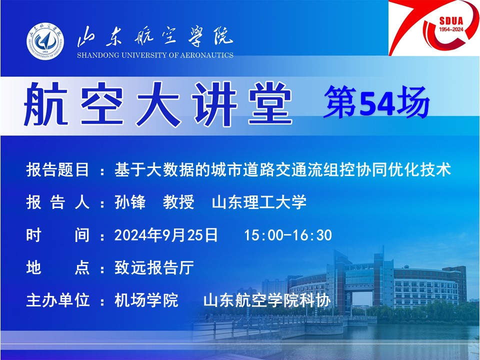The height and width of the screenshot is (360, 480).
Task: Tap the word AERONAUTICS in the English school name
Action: click(206, 55)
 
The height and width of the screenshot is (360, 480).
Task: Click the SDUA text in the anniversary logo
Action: click(451, 21)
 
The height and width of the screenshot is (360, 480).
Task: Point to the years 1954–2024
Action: click(451, 29)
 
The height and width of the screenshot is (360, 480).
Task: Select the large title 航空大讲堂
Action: click(157, 104)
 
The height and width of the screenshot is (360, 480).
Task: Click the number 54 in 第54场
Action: click(376, 103)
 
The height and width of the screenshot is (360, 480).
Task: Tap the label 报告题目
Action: click(57, 169)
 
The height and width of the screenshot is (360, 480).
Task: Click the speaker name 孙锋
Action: click(130, 202)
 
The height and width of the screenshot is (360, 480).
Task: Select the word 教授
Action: click(178, 202)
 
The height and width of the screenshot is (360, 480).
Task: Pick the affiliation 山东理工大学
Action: click(259, 202)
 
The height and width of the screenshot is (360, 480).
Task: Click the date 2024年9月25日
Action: click(166, 235)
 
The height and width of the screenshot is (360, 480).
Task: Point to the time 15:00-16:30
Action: click(288, 235)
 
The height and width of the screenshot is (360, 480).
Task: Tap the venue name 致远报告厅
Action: click(154, 267)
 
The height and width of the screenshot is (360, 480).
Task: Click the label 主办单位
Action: click(57, 300)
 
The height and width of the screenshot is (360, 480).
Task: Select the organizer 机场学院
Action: click(146, 300)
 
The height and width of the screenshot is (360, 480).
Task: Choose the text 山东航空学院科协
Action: click(267, 300)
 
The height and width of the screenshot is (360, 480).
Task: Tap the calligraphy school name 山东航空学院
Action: click(155, 36)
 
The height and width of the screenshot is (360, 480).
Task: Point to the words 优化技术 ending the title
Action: click(419, 169)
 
